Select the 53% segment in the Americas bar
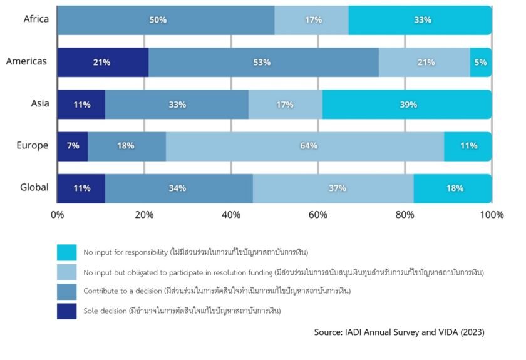click(263, 63)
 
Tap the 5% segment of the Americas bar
click(481, 63)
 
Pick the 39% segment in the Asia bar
click(407, 105)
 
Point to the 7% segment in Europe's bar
click(73, 146)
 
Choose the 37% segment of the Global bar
click(333, 188)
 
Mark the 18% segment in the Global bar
click(453, 188)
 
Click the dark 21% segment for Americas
click(103, 63)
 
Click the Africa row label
click(36, 19)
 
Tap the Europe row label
click(33, 145)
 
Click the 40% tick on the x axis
click(231, 215)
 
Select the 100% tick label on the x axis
click(492, 215)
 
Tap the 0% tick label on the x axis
click(57, 215)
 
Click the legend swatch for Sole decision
click(66, 311)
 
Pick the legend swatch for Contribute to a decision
click(66, 292)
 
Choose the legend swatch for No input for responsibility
click(66, 252)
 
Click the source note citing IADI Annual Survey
click(399, 332)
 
